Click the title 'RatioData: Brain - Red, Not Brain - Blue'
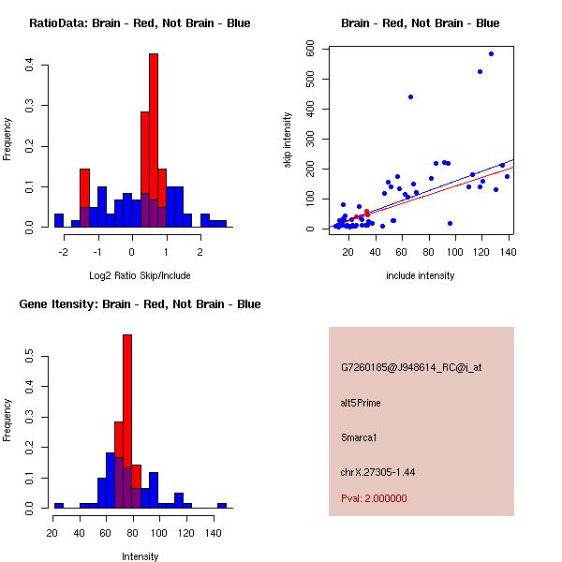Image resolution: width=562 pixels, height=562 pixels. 140,22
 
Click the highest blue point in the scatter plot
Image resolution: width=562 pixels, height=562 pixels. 491,54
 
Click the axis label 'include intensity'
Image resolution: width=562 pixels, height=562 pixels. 421,276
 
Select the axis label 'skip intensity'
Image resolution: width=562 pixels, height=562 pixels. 288,140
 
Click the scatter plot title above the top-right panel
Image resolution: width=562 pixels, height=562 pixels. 421,22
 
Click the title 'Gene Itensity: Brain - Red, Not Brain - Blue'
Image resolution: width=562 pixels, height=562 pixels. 140,304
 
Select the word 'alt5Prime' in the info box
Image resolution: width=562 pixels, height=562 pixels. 361,403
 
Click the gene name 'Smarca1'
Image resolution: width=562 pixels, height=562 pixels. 359,437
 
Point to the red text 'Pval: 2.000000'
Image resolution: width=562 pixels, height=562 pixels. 374,498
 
